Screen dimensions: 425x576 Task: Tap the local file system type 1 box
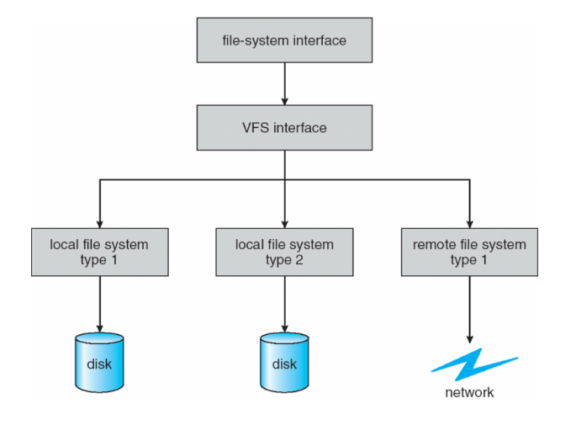tap(100, 252)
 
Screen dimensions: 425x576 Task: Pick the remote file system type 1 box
tap(469, 252)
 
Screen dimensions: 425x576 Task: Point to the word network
tap(469, 392)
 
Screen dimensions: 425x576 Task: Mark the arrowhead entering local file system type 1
tap(100, 221)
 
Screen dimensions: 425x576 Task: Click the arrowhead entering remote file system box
tap(469, 221)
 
